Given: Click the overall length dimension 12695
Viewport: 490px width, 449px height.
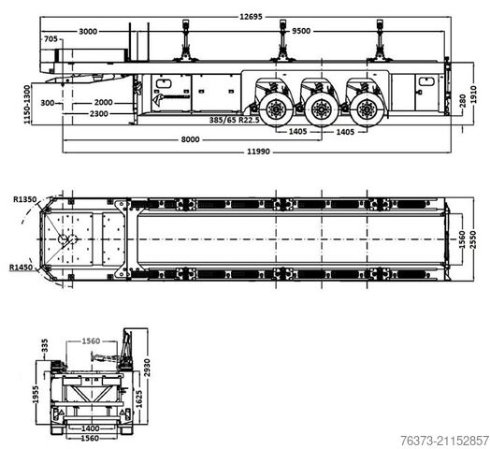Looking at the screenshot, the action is (251, 16).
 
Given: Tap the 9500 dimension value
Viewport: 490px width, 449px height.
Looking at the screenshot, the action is (301, 31).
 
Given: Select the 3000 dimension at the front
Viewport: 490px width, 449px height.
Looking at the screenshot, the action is (88, 31).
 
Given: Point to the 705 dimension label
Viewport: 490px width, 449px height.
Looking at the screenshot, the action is (50, 38).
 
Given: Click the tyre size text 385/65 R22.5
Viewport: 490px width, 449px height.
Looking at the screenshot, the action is (234, 120).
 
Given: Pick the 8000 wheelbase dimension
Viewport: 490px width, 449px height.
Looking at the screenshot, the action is (190, 139).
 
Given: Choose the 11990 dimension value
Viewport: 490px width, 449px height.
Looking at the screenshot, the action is (258, 152).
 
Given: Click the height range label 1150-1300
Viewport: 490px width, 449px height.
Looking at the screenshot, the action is (27, 104).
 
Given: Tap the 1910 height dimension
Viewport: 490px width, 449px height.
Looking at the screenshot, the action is (473, 94).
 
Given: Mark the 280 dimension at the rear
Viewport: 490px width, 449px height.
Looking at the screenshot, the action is (463, 101).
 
